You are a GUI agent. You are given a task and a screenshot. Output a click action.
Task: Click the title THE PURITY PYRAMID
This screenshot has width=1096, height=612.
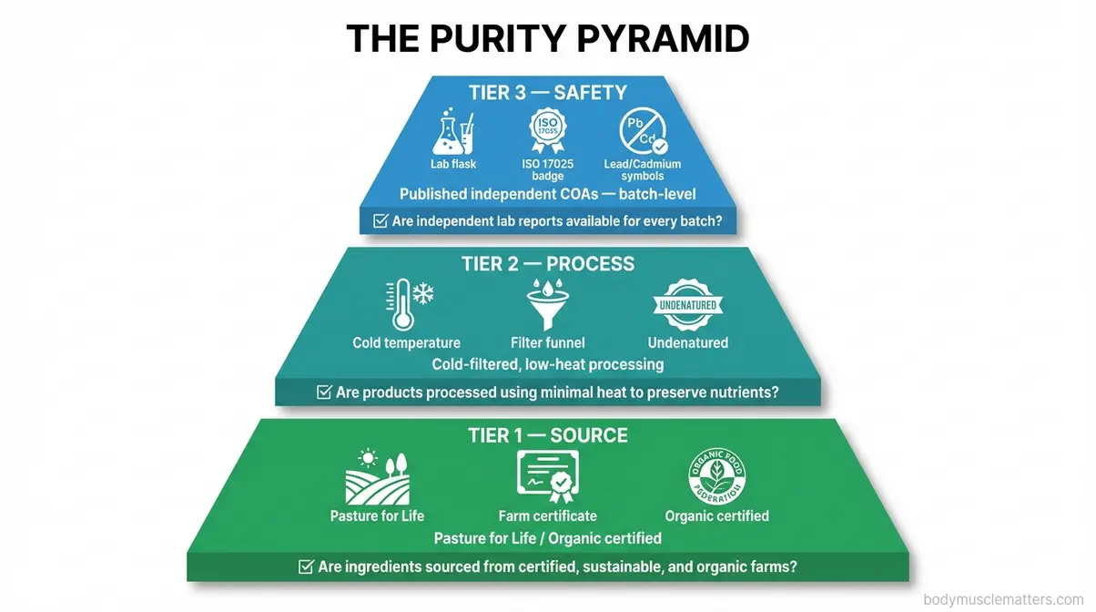click(x=548, y=39)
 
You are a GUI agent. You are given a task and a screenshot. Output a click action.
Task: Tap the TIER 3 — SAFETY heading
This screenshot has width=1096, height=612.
click(x=548, y=92)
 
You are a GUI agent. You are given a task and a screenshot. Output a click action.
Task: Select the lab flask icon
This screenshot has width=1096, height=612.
click(x=453, y=133)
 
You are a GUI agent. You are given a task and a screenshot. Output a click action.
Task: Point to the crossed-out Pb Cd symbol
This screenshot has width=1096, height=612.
click(x=643, y=133)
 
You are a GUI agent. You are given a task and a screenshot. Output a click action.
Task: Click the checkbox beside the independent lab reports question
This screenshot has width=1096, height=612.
click(x=381, y=220)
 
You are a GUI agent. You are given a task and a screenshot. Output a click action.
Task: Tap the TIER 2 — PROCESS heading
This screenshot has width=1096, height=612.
click(x=548, y=264)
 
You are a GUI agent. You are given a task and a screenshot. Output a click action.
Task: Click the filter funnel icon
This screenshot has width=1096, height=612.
click(x=548, y=305)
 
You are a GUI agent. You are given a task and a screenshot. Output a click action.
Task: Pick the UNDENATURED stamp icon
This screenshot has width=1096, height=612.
click(x=687, y=305)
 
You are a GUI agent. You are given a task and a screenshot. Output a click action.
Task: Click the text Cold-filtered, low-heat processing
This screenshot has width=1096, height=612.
click(x=548, y=364)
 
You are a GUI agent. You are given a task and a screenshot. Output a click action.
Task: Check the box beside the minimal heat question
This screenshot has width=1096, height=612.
click(x=323, y=393)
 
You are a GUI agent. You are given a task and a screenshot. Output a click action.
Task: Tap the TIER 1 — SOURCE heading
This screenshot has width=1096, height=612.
click(x=548, y=435)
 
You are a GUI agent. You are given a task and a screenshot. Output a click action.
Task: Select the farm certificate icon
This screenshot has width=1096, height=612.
click(x=548, y=476)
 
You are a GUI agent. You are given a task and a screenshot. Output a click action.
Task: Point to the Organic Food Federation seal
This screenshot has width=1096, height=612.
click(x=716, y=476)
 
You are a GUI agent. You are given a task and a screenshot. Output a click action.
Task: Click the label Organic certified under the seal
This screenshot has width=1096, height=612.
click(x=716, y=516)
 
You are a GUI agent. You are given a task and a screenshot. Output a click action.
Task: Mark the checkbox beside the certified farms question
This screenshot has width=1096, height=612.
click(x=307, y=566)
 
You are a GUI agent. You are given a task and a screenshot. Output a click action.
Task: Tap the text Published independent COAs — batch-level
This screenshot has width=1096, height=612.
click(x=548, y=194)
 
